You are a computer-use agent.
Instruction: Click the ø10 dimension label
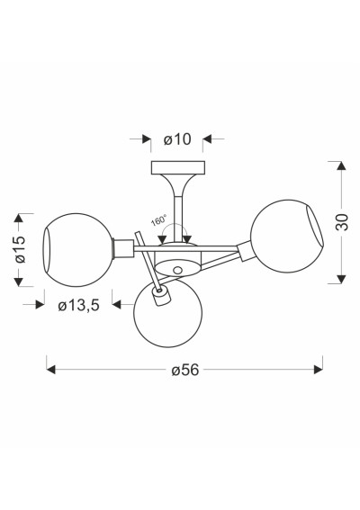(x=177, y=139)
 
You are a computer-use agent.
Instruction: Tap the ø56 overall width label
(x=184, y=370)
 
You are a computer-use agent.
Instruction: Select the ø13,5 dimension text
(x=78, y=306)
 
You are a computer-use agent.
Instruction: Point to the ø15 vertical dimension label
(x=19, y=249)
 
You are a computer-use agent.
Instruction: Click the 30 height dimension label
(x=341, y=222)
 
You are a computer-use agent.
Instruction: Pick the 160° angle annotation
(x=158, y=220)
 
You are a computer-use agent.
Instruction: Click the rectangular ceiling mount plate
(x=178, y=167)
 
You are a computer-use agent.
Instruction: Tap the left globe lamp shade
(x=77, y=250)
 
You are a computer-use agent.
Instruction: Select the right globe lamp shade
(x=287, y=237)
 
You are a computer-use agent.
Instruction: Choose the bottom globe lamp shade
(x=168, y=313)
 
